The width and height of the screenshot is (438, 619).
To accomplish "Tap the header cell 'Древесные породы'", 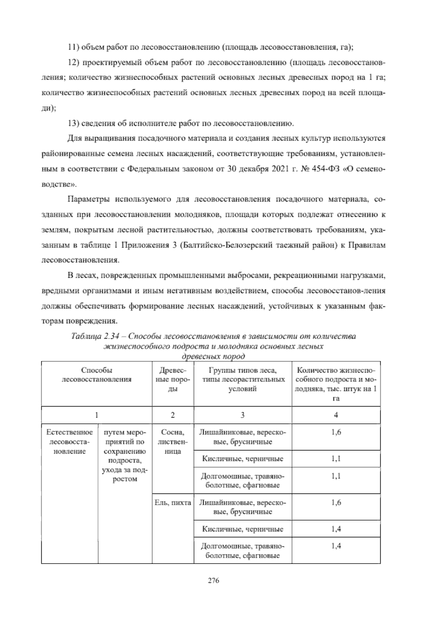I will [x=173, y=380].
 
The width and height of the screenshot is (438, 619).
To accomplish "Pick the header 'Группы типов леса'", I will [x=242, y=371].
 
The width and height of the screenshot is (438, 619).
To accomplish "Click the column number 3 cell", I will [x=242, y=415].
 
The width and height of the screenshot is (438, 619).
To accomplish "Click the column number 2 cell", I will [x=173, y=415].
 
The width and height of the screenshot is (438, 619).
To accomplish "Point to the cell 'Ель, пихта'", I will [x=173, y=503].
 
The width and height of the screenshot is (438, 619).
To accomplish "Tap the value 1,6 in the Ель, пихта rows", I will [x=336, y=503].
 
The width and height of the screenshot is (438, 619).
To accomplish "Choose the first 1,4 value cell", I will [x=336, y=529].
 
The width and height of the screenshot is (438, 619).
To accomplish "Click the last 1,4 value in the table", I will [x=336, y=546].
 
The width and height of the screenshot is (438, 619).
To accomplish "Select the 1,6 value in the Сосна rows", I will [x=336, y=432].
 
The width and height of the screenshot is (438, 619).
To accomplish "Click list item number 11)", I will [x=74, y=47].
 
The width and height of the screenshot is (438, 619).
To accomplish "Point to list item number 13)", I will [x=74, y=123].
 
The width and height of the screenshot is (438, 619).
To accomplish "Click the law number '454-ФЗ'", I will [x=327, y=169].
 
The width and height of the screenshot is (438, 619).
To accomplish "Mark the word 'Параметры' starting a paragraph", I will [x=88, y=200].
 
